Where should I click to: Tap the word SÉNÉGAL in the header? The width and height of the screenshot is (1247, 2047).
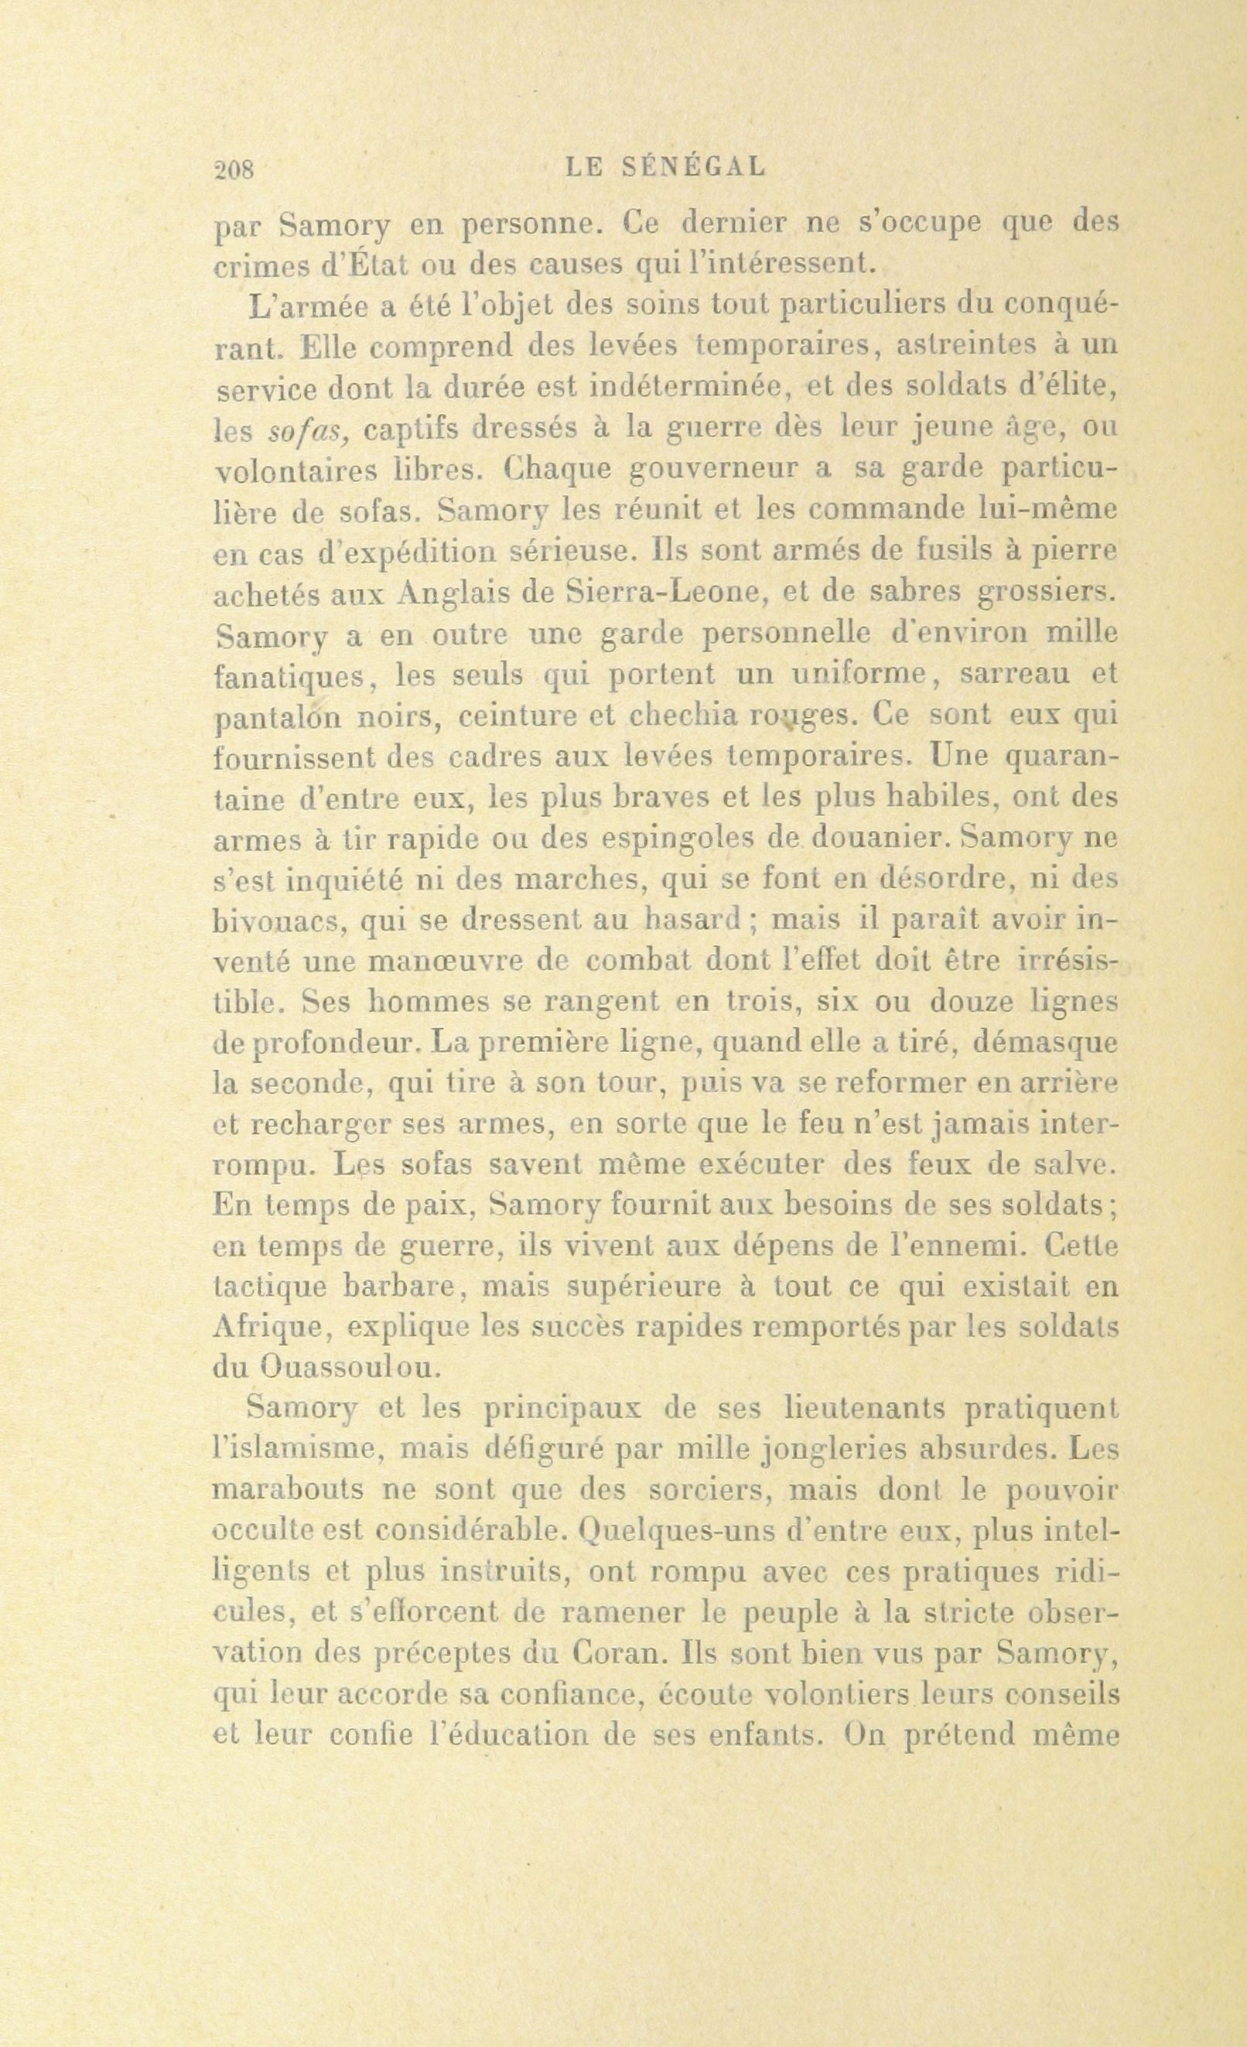[x=693, y=167]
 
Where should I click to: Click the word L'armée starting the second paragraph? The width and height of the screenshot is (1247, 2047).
[x=306, y=307]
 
